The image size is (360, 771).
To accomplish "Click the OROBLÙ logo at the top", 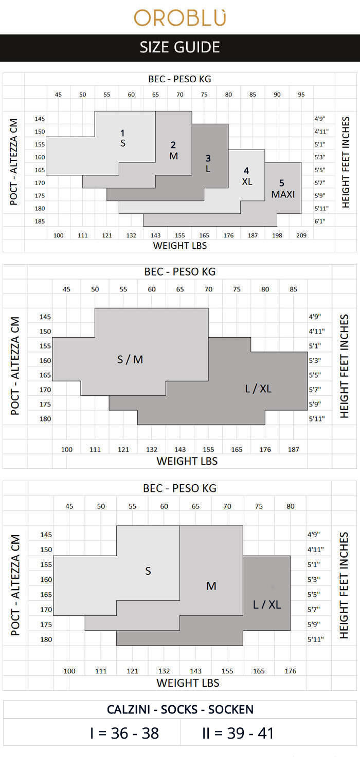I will (180, 17).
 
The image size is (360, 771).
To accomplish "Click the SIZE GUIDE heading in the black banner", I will (180, 47).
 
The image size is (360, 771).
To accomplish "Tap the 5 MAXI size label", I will (283, 189).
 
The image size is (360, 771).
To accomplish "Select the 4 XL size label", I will (247, 176).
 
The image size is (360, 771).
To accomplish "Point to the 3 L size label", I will (208, 163).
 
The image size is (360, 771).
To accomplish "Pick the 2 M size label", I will (174, 150).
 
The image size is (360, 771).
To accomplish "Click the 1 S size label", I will (123, 138).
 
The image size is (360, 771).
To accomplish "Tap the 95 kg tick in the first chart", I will (301, 94).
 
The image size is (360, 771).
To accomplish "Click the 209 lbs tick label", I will (301, 235).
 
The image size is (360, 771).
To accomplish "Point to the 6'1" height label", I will (321, 221).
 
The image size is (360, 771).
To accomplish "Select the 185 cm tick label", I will (40, 221).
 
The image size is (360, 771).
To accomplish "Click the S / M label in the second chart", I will (130, 359).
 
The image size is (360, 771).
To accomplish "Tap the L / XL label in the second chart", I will (258, 389).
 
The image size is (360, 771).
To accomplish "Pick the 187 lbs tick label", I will (293, 449).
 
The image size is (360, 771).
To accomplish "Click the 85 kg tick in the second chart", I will (293, 289).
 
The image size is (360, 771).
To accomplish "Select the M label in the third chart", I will (211, 586).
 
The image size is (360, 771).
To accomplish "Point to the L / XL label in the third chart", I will (267, 604).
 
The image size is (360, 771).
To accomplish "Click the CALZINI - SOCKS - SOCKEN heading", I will (180, 709).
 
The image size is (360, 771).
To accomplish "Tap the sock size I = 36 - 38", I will (124, 733).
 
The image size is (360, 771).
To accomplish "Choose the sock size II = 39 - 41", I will (238, 733).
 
